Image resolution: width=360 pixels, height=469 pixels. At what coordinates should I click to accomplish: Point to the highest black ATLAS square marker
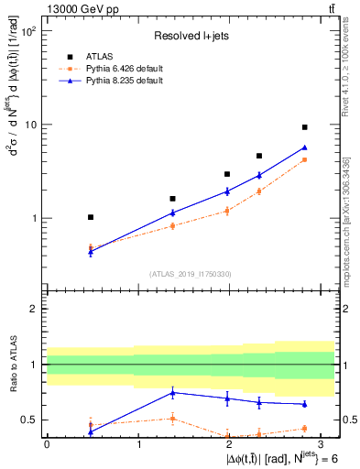[x=304, y=127]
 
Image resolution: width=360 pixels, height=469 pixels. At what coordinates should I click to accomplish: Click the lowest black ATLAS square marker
[x=90, y=217]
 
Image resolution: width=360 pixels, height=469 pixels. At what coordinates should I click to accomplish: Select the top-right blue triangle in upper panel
[x=304, y=147]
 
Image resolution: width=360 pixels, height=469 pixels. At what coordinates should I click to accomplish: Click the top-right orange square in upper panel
[x=304, y=159]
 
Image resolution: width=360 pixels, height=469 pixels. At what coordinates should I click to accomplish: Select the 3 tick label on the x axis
[x=322, y=443]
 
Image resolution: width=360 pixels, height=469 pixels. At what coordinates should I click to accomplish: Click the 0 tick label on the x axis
[x=47, y=443]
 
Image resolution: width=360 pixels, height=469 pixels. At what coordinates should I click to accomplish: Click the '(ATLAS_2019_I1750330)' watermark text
[x=191, y=273]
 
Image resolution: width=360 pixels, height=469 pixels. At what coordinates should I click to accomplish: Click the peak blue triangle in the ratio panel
[x=172, y=392]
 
